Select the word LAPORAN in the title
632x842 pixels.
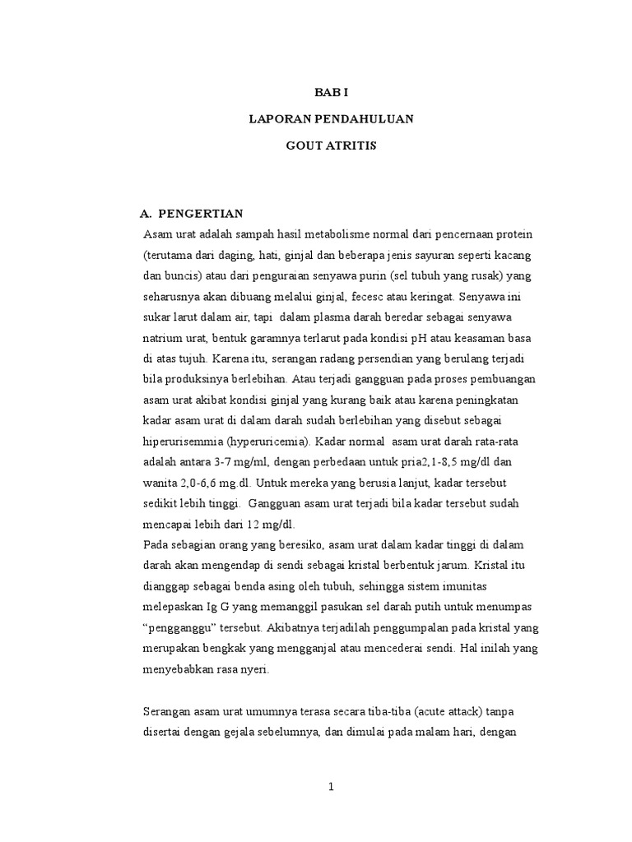click(276, 119)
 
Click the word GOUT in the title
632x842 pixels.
click(307, 146)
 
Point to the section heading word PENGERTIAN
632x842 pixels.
click(201, 213)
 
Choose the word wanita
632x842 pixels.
click(162, 483)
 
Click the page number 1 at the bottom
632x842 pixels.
click(331, 788)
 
